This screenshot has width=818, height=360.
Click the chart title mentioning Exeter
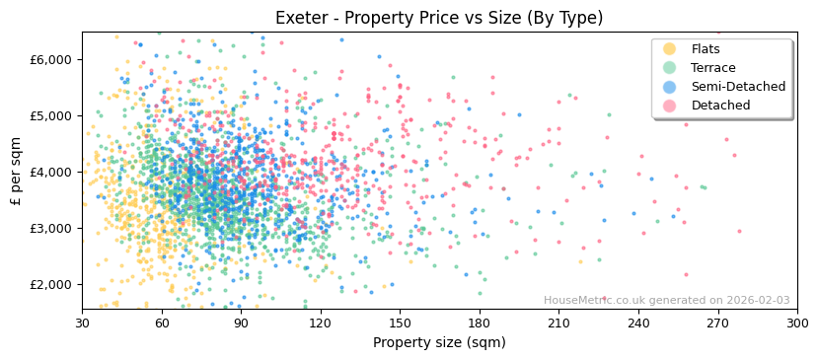coord(439,18)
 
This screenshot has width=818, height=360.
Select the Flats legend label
coord(706,49)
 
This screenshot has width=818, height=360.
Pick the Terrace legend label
coord(713,68)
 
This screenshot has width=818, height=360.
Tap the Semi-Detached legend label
coord(738,87)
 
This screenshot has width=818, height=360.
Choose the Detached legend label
coord(720,106)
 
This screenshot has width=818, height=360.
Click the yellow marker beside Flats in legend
coord(670,49)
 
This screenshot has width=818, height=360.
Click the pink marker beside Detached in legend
coord(670,106)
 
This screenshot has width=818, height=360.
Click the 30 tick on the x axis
coord(82,323)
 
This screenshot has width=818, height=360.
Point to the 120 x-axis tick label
coord(321,323)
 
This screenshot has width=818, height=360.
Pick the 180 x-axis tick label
coord(480,323)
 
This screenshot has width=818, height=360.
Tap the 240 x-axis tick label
coord(638,323)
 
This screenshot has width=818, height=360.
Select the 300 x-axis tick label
coord(797,323)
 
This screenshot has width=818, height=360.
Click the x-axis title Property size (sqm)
coord(439,342)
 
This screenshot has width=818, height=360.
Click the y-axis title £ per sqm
coord(16,172)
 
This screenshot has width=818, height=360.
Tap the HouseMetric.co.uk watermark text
coord(666,301)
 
